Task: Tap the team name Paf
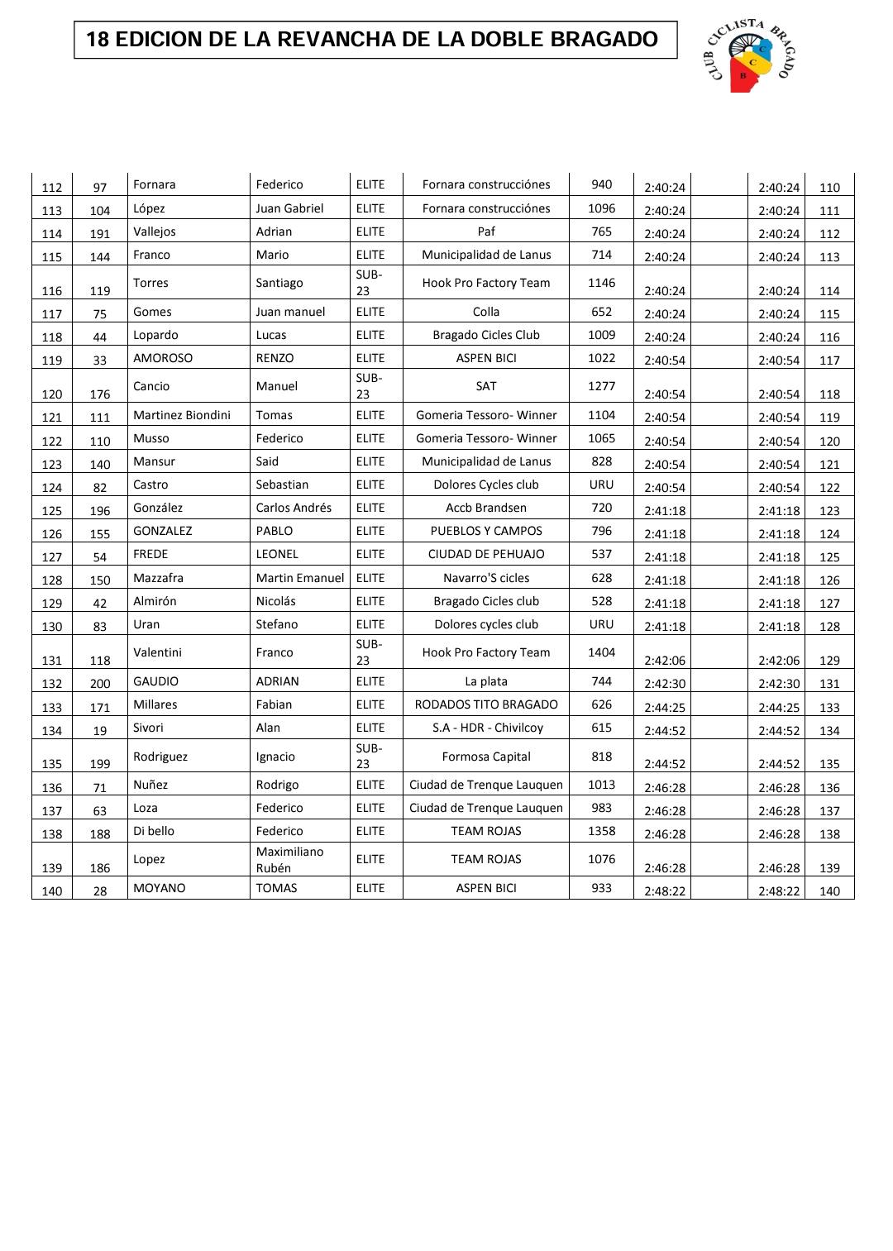click(x=486, y=232)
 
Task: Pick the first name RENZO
click(x=275, y=358)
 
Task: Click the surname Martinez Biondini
click(x=182, y=415)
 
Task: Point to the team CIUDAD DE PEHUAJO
click(x=486, y=554)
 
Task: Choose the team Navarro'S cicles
click(x=486, y=578)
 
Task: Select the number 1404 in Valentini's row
click(x=602, y=652)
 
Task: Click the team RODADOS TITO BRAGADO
click(x=486, y=704)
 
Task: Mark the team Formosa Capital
click(x=486, y=757)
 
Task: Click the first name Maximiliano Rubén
click(x=289, y=860)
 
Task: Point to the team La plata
click(x=486, y=681)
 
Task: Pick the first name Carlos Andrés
click(x=294, y=508)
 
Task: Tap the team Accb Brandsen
click(x=486, y=508)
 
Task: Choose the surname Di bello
click(x=154, y=831)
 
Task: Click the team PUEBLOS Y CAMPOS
click(x=486, y=531)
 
